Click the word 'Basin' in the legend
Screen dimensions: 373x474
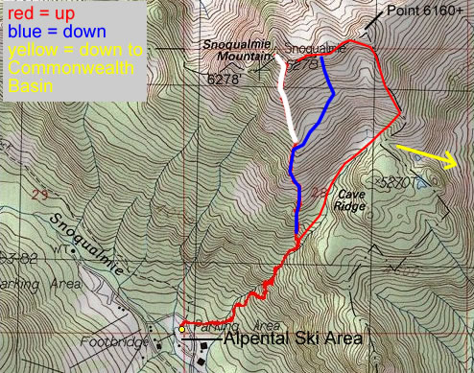[28, 84]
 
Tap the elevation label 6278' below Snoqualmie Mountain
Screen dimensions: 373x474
[224, 82]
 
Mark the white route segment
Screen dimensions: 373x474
[286, 101]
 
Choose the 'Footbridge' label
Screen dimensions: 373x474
[130, 341]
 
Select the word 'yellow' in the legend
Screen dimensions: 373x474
[29, 49]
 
